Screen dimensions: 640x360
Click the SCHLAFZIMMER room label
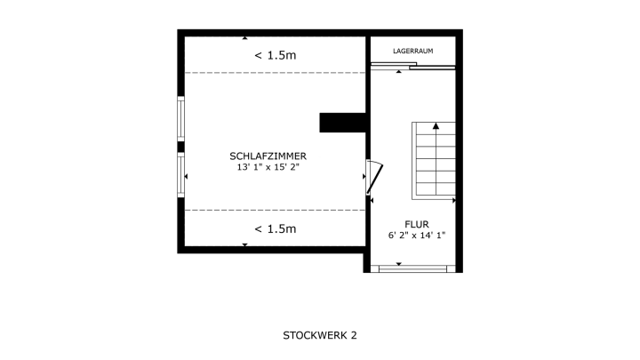[268, 156]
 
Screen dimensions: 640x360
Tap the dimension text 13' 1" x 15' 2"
[268, 167]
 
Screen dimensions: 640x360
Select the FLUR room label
[417, 224]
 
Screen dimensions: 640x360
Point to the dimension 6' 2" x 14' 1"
[417, 235]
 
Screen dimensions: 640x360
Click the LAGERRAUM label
[413, 51]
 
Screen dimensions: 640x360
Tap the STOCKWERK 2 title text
[320, 335]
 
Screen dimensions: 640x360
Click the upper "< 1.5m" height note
[276, 55]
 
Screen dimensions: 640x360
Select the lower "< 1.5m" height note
[276, 229]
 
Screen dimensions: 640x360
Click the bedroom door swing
[375, 178]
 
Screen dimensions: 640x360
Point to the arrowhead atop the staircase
[436, 126]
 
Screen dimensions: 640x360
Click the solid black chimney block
[342, 123]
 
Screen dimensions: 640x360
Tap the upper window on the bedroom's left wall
[180, 119]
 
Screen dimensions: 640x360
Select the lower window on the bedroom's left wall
[180, 175]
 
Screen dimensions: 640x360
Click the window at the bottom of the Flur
[413, 268]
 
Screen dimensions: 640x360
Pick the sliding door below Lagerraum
[413, 66]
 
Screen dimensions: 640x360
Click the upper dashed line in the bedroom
[275, 73]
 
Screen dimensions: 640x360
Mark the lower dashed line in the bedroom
[275, 210]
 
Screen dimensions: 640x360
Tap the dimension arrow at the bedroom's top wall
[245, 38]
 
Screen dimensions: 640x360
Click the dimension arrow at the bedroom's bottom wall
[245, 245]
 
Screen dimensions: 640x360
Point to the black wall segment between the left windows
[180, 147]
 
